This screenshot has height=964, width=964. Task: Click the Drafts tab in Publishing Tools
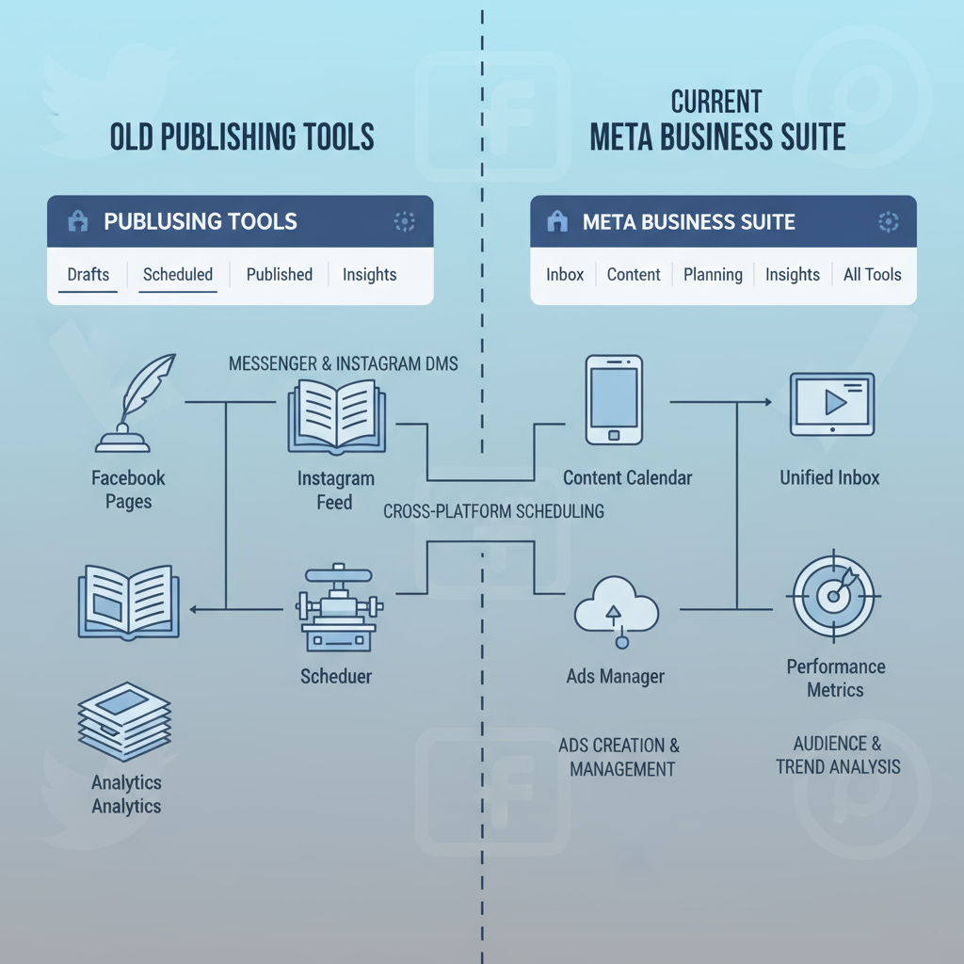pos(88,275)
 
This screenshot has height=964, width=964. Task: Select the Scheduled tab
pos(178,275)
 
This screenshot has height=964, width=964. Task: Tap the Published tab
pos(280,275)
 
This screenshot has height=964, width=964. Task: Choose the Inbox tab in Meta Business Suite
pos(565,275)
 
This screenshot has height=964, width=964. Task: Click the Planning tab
pos(713,275)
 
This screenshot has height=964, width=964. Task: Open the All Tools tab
pos(872,275)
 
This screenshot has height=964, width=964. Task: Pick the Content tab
pos(634,275)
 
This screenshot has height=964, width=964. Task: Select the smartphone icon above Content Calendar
pos(613,399)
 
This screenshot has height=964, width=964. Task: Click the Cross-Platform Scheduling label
pos(493,512)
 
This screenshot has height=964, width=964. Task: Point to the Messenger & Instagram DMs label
pos(344,363)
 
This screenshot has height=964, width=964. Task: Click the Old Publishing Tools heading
pos(242,137)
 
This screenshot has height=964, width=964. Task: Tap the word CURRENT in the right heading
pos(716,101)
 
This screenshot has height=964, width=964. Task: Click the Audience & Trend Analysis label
pos(838,755)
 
